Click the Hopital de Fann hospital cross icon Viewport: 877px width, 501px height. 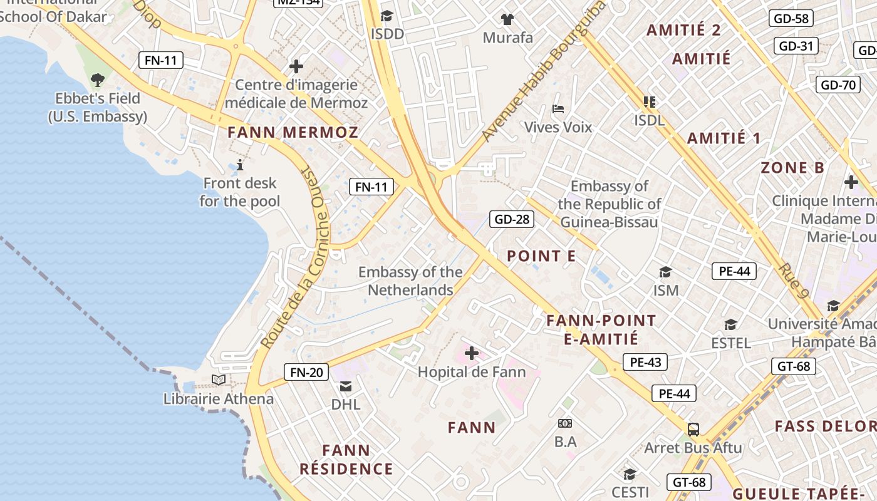tap(472, 354)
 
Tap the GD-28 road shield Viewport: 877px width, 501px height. tap(512, 219)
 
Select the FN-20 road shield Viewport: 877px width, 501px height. tap(306, 372)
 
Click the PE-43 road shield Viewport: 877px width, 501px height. tap(645, 362)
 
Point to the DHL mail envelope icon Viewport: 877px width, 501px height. tap(346, 386)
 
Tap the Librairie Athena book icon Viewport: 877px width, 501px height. tap(219, 380)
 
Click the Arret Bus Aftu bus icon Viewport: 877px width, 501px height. tap(693, 430)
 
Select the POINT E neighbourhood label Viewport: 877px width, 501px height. tap(541, 256)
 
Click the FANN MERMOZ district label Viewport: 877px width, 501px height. tap(293, 132)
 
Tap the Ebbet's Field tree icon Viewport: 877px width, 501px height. tap(97, 80)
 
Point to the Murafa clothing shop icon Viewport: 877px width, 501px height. tap(507, 19)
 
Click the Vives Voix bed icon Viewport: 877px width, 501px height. tap(558, 109)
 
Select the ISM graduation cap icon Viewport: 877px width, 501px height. tap(665, 272)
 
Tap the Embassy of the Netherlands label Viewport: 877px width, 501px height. tap(410, 281)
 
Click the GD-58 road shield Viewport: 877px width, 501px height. tap(791, 18)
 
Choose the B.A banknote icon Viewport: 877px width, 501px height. tap(565, 423)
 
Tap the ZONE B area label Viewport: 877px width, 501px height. tap(792, 168)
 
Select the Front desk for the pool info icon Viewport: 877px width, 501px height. tap(240, 165)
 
